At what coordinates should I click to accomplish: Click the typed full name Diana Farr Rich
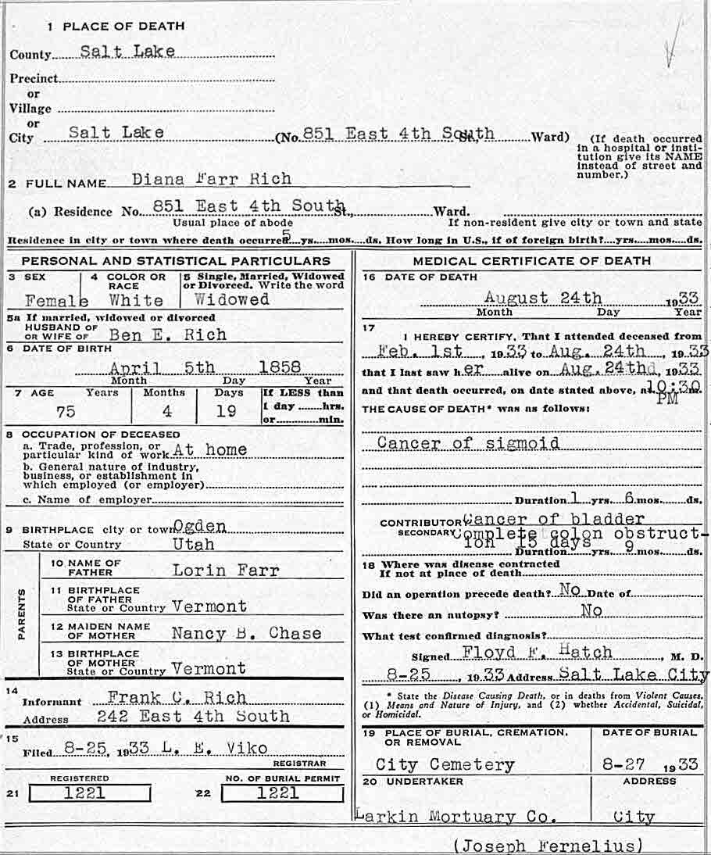coord(211,178)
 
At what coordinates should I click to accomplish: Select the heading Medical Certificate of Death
coord(531,261)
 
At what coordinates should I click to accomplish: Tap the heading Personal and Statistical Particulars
coord(176,261)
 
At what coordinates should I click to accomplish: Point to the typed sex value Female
coord(56,300)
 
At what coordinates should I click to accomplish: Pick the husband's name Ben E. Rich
coord(168,334)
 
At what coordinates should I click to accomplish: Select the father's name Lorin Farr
coord(225,571)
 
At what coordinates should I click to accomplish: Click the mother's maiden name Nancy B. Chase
coord(246,633)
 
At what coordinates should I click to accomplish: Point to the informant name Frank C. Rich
coord(177,697)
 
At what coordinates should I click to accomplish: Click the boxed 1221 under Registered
coord(89,793)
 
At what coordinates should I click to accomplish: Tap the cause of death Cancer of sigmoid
coord(468,443)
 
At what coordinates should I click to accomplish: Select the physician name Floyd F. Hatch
coord(528,653)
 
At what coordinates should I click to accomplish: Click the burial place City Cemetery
coord(445,764)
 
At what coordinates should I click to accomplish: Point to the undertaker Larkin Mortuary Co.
coord(456,817)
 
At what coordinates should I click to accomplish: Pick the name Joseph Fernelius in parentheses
coord(548,846)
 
